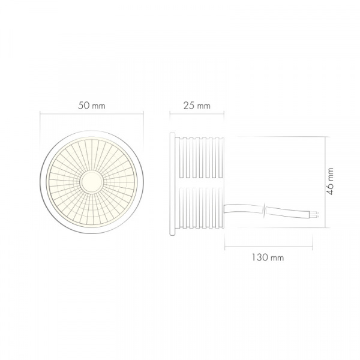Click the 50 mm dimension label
[x=92, y=106]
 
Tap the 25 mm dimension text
[x=196, y=106]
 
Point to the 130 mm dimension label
[x=268, y=257]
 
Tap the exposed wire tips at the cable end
[x=317, y=214]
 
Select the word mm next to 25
[x=204, y=106]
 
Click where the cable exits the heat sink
[x=225, y=208]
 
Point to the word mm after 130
[x=277, y=257]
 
